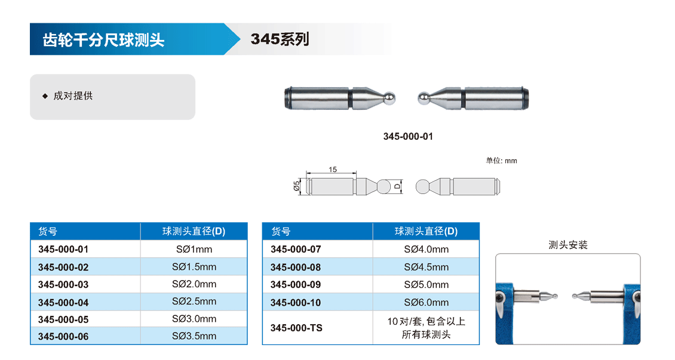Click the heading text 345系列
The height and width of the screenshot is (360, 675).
point(280,39)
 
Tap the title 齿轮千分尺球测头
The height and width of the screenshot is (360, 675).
point(103,40)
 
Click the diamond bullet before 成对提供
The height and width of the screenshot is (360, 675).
point(45,96)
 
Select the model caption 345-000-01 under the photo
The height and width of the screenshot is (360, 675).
point(408,136)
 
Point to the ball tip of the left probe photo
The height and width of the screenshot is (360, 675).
point(389,98)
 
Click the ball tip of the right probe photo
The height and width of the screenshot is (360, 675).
point(423,99)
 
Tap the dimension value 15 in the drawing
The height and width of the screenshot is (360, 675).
point(333,170)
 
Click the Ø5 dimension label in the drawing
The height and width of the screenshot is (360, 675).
point(297,186)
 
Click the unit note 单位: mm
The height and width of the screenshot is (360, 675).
point(502,161)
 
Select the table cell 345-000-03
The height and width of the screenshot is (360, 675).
point(63,285)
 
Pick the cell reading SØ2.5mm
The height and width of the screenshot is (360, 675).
point(194,301)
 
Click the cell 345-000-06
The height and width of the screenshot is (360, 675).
point(63,336)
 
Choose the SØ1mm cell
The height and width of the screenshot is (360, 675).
point(194,249)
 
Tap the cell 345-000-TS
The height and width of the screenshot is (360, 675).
point(296,328)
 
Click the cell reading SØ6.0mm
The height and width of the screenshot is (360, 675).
point(426,302)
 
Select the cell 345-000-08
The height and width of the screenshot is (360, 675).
point(296,267)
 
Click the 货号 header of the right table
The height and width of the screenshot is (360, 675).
point(281,232)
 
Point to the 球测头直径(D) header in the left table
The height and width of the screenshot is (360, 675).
point(194,232)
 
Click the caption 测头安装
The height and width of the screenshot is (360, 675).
point(568,245)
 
